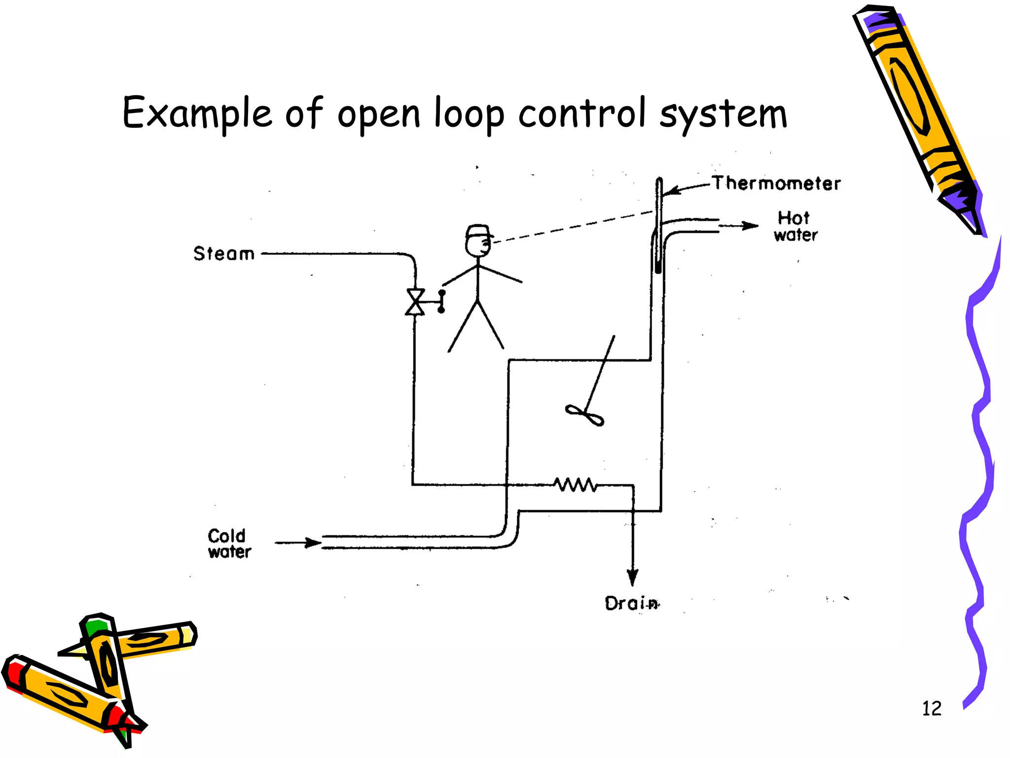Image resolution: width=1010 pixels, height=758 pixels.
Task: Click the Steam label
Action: coord(224,254)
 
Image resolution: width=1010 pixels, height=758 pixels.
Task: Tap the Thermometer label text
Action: coord(776,183)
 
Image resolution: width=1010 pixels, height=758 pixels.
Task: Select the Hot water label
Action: coord(795,226)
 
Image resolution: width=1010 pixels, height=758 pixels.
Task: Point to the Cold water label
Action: coord(229,543)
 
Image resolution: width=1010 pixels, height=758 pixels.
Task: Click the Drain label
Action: coord(632,603)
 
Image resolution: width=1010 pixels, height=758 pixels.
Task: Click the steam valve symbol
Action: coord(415,302)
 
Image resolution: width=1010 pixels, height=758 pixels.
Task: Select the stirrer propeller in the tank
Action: coord(585,416)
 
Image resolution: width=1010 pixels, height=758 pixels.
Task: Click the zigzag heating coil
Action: coord(575,485)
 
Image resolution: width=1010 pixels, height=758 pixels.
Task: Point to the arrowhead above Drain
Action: coord(633,577)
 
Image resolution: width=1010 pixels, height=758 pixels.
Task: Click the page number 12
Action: coord(932,709)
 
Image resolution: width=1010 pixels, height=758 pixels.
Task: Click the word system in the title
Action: coord(723,114)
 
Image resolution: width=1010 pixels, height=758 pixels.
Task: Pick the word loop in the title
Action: coord(469,114)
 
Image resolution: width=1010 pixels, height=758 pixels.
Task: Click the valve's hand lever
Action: coord(441,301)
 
